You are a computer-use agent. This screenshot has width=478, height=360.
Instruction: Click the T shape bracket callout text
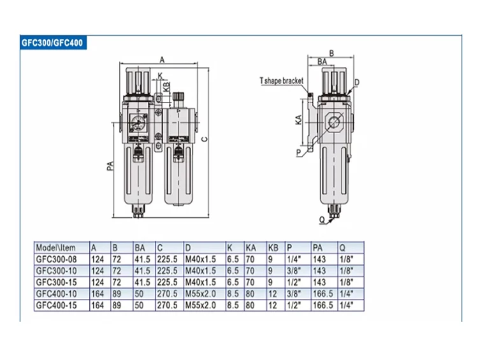click(x=281, y=81)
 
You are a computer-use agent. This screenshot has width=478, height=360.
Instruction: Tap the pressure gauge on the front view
click(x=138, y=124)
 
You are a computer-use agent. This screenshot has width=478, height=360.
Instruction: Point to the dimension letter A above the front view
click(x=162, y=60)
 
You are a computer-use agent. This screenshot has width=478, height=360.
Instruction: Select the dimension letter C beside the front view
click(x=205, y=140)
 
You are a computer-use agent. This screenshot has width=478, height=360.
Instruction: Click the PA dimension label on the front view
click(x=110, y=166)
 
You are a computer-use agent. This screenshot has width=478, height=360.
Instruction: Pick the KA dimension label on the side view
click(x=299, y=120)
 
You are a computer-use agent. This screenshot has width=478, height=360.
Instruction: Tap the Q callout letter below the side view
click(x=322, y=220)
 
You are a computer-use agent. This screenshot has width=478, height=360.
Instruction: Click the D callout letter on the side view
click(x=357, y=83)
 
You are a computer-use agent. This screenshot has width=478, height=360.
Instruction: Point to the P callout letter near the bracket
click(x=299, y=152)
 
